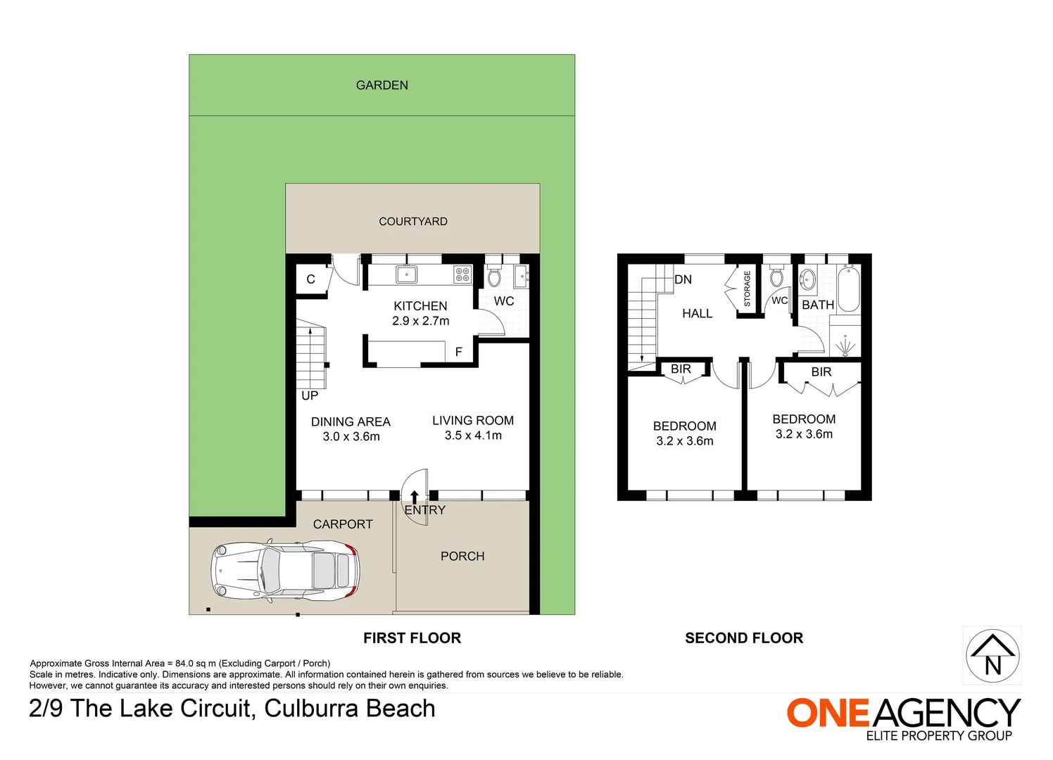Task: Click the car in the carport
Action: (285, 571)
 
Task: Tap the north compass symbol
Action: (992, 655)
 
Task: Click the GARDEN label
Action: (382, 85)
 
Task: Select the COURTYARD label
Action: (413, 222)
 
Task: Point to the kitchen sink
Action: (406, 274)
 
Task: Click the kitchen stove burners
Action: (462, 274)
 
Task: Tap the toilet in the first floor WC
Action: (493, 276)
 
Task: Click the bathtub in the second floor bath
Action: (848, 288)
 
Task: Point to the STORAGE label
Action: (747, 289)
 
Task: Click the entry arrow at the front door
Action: (415, 498)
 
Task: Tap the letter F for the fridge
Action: (458, 352)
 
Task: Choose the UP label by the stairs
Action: (310, 395)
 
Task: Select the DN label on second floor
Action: (683, 279)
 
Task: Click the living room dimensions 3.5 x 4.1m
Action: (473, 436)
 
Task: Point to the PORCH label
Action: (462, 556)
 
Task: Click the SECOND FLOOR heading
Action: (744, 638)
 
